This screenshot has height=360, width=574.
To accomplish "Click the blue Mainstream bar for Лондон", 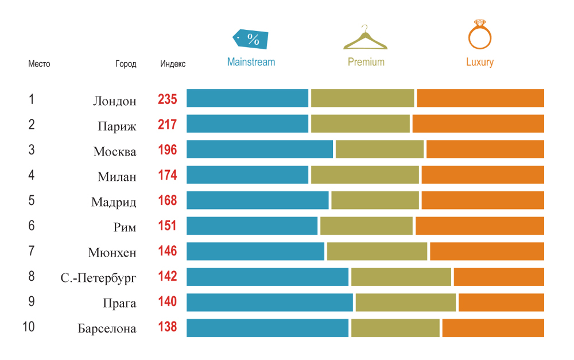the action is (x=247, y=98).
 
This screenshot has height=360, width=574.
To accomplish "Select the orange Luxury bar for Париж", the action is (x=478, y=124).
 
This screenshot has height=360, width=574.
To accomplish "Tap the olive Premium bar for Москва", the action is (x=379, y=149).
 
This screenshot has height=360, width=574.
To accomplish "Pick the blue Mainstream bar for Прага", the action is (x=270, y=303).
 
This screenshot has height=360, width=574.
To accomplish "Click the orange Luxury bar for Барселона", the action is (x=493, y=328).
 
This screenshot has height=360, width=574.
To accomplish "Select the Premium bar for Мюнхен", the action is (x=377, y=251).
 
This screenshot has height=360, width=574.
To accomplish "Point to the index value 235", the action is (x=167, y=99).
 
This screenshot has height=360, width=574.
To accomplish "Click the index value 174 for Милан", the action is (x=167, y=175).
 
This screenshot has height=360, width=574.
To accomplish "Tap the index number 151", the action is (x=167, y=226).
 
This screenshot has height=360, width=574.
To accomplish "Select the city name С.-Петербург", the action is (x=98, y=278).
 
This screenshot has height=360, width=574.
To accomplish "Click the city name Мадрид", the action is (x=114, y=202).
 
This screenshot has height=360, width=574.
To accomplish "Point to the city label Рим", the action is (x=125, y=227).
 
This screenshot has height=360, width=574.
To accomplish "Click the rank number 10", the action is (x=29, y=327).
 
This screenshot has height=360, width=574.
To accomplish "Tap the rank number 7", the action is (x=32, y=251).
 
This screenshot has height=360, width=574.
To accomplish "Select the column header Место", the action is (x=39, y=64).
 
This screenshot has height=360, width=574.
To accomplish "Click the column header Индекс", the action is (x=173, y=64).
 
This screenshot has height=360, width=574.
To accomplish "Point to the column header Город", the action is (x=126, y=64).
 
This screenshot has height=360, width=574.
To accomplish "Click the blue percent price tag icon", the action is (x=251, y=39).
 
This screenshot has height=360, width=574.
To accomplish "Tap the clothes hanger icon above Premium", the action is (x=365, y=38).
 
